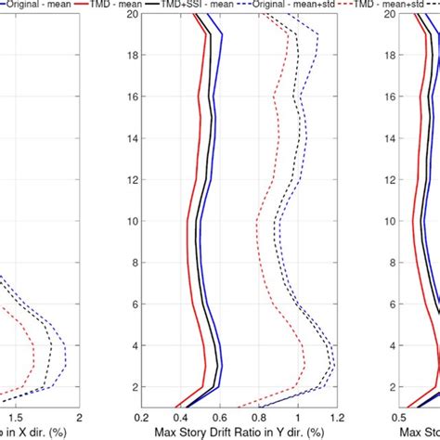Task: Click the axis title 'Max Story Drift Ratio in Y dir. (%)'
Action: coord(239,433)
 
